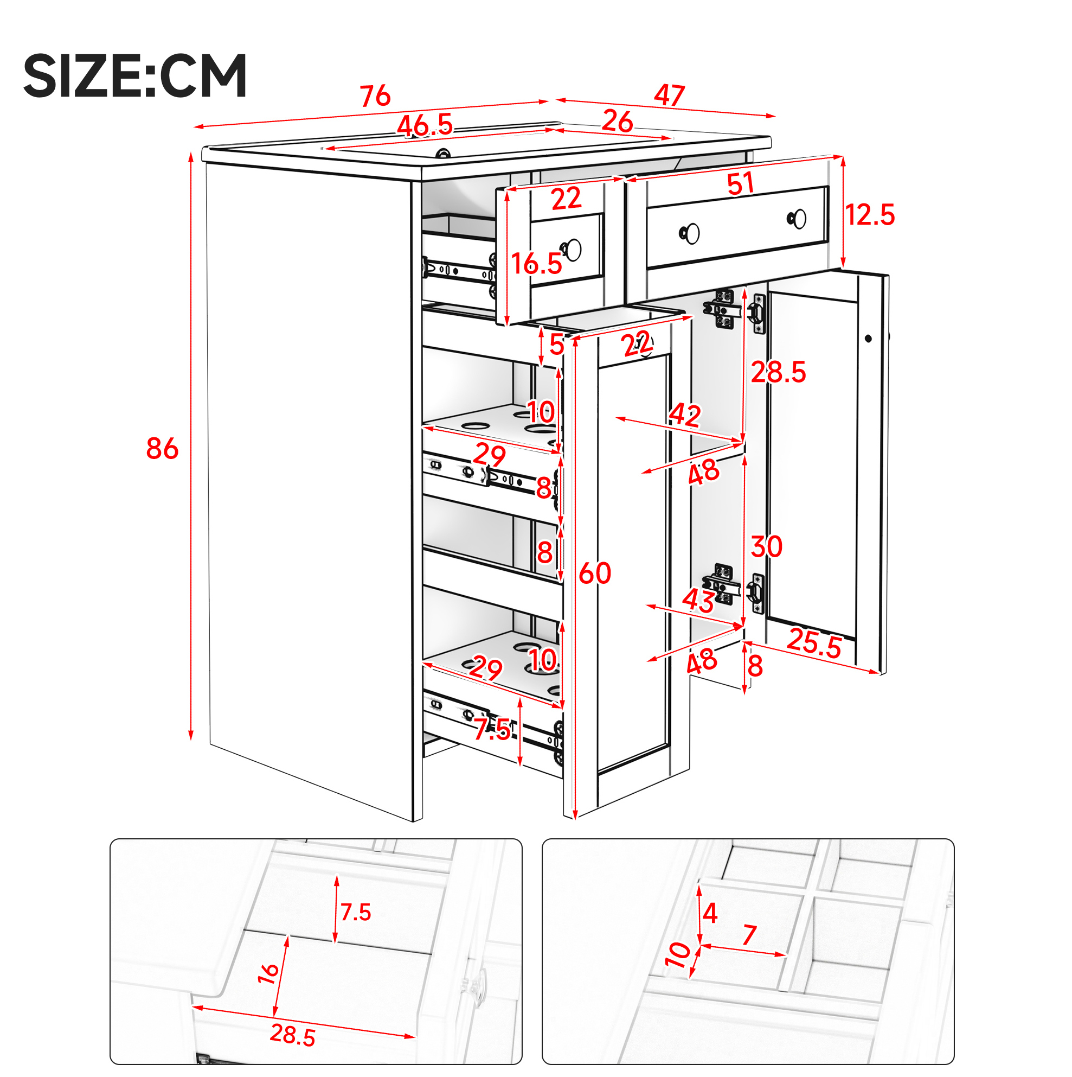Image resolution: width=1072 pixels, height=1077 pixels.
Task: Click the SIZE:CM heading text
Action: point(135,76)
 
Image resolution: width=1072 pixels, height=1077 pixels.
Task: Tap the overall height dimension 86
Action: point(162,449)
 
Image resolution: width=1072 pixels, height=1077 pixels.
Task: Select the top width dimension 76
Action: point(376,96)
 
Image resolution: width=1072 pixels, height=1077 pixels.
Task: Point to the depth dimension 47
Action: point(669,95)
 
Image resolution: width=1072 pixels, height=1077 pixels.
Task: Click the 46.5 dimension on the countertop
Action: point(425,125)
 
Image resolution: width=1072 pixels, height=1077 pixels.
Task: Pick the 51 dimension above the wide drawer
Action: point(741,183)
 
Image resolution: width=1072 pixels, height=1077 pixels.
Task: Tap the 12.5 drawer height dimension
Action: point(870,215)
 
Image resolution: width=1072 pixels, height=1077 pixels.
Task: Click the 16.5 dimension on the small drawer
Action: point(537,263)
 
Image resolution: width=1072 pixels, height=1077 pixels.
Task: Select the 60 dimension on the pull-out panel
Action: point(595,573)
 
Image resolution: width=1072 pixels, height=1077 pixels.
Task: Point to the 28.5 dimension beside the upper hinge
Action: point(778,372)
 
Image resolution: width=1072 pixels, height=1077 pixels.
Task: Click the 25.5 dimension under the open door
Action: point(814,644)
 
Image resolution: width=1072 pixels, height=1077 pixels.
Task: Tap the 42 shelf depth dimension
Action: point(685,415)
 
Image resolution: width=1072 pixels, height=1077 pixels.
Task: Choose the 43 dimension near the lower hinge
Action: point(699,601)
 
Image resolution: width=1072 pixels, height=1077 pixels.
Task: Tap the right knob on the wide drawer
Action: point(798,219)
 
